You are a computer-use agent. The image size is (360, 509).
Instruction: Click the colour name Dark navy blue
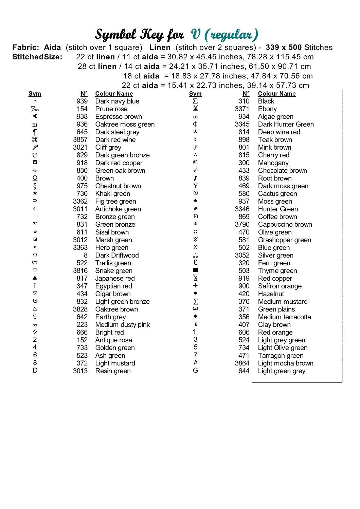pyautogui.click(x=117, y=101)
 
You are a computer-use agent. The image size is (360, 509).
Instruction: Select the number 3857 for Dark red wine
pyautogui.click(x=80, y=140)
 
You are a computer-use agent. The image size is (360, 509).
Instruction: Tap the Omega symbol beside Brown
pyautogui.click(x=35, y=178)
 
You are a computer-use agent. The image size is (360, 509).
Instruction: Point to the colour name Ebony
pyautogui.click(x=267, y=109)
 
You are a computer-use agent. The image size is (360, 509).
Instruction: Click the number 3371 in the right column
pyautogui.click(x=242, y=109)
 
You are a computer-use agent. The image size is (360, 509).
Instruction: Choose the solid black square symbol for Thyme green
pyautogui.click(x=195, y=270)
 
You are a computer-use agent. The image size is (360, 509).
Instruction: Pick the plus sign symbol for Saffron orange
pyautogui.click(x=195, y=285)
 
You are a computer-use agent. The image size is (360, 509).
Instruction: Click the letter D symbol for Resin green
pyautogui.click(x=35, y=370)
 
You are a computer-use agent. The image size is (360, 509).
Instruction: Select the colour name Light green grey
pyautogui.click(x=282, y=371)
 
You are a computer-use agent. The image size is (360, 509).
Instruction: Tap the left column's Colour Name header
pyautogui.click(x=114, y=94)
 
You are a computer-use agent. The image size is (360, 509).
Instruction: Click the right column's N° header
pyautogui.click(x=246, y=94)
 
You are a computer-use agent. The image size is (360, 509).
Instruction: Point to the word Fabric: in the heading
pyautogui.click(x=25, y=48)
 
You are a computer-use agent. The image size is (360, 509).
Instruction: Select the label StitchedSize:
pyautogui.click(x=37, y=57)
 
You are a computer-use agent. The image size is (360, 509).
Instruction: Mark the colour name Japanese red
pyautogui.click(x=115, y=278)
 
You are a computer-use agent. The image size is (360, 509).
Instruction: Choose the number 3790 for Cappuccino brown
pyautogui.click(x=242, y=225)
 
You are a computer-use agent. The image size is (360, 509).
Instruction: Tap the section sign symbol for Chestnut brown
pyautogui.click(x=35, y=186)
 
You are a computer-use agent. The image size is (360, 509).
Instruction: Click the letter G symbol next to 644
pyautogui.click(x=195, y=370)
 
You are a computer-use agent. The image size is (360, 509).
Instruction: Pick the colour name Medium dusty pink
pyautogui.click(x=122, y=325)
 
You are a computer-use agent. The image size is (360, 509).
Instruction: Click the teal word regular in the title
pyautogui.click(x=231, y=35)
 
